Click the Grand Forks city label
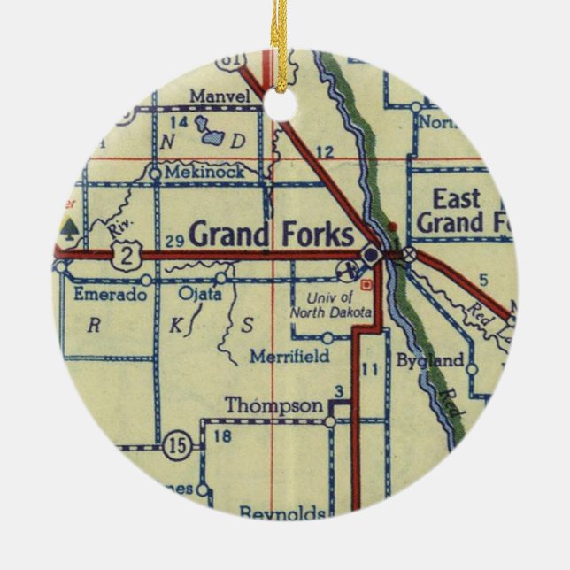(x=272, y=235)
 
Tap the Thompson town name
(x=273, y=405)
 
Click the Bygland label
(x=430, y=360)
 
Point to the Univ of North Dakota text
(x=331, y=304)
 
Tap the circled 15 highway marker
(x=178, y=446)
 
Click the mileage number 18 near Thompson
(x=223, y=435)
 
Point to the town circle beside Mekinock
(x=155, y=173)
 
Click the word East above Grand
(x=457, y=197)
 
